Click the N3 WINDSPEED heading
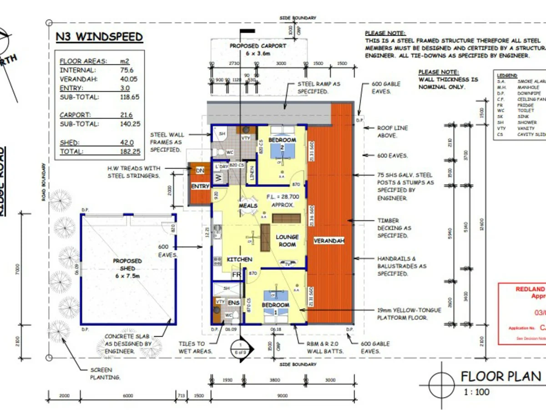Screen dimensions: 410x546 (x=99, y=37)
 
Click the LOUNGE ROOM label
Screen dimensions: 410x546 (x=287, y=241)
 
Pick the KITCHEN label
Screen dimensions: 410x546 (x=239, y=259)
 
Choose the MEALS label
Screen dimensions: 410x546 (x=248, y=206)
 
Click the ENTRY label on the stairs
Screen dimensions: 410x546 (x=200, y=186)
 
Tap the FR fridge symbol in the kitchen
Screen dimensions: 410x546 (x=237, y=275)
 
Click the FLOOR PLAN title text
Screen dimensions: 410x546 (x=501, y=376)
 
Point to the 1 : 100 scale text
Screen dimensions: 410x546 (x=476, y=392)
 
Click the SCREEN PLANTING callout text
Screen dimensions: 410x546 (x=104, y=374)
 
